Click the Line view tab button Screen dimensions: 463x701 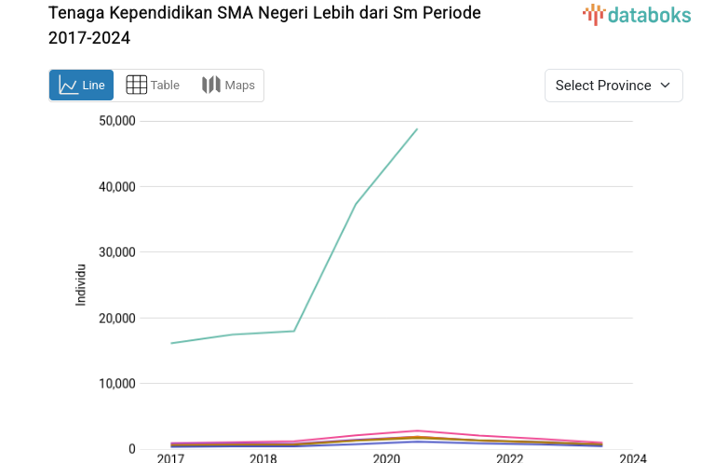coord(81,86)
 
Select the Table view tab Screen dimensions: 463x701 coord(153,86)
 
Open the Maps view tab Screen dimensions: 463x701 coord(228,86)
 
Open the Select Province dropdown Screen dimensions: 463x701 coord(613,86)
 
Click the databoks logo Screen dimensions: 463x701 coord(637,14)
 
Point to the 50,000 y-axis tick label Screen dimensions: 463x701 coord(116,121)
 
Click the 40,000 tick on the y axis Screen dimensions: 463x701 coord(116,187)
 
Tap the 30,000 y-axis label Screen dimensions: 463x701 coord(116,252)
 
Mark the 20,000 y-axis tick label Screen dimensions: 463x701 coord(116,318)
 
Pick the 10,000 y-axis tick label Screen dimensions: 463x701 coord(116,383)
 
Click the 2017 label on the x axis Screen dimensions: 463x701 coord(170,458)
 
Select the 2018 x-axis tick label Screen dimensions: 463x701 coord(263,458)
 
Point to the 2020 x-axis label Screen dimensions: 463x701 coord(386,458)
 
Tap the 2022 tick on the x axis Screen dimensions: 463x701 coord(509,458)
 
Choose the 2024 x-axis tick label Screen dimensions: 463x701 coord(633,458)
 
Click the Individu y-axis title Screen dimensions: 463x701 coord(81,284)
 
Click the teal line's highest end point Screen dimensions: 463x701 coord(417,129)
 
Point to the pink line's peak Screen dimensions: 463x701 coord(417,430)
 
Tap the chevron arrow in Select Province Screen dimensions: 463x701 coord(665,86)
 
